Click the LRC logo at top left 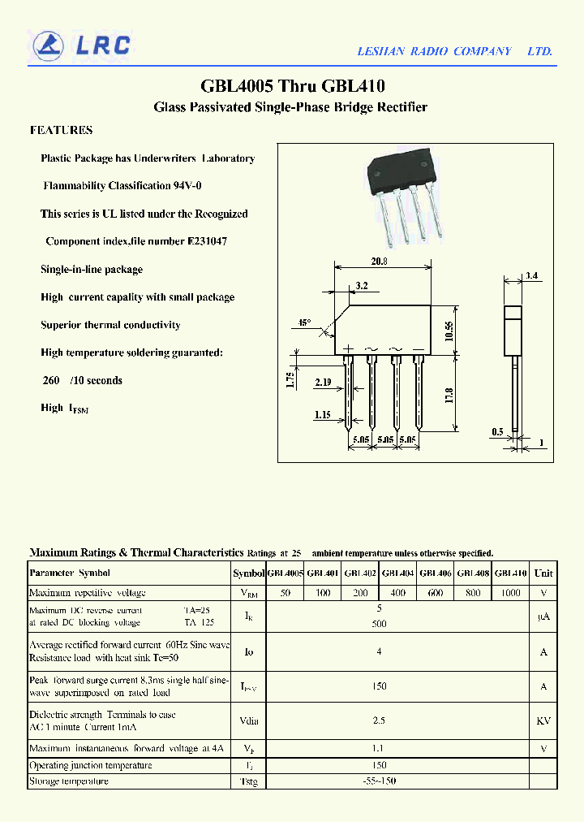pos(79,45)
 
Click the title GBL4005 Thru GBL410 pos(292,86)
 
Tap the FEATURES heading pos(61,130)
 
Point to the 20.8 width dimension pos(379,262)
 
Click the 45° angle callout pos(304,322)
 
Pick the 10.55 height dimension pos(449,330)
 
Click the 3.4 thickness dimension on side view pos(531,276)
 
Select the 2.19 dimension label pos(324,381)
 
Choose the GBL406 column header pos(436,573)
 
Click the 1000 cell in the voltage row pos(510,593)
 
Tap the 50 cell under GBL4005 pos(286,593)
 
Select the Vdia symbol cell pos(249,720)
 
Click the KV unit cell pos(543,720)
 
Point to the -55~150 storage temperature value pos(380,781)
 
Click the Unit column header pos(543,573)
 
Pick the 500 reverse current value pos(380,624)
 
